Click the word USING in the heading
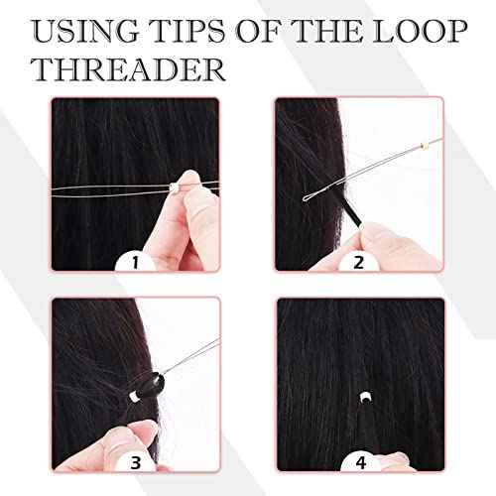(76, 31)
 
